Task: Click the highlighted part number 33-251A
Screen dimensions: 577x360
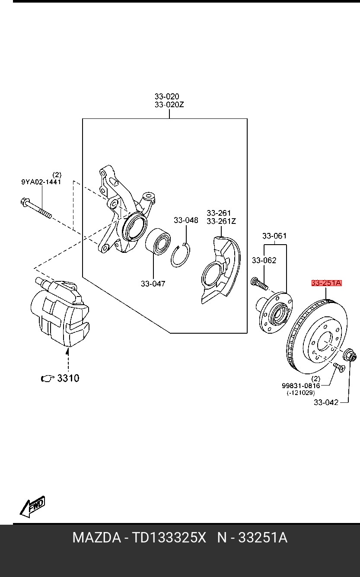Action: click(326, 283)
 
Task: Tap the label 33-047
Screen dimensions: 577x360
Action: click(153, 284)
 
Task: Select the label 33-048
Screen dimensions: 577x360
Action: click(186, 220)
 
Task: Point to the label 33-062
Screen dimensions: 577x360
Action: click(264, 260)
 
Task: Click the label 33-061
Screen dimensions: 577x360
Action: click(274, 236)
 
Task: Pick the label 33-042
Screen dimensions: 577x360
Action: click(326, 402)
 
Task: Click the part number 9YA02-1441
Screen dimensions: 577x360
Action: click(41, 182)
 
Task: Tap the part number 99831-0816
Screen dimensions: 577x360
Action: click(301, 386)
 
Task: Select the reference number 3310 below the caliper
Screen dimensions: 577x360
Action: click(68, 378)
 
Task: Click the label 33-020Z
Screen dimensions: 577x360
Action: click(169, 104)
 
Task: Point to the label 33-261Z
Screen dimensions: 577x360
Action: click(221, 221)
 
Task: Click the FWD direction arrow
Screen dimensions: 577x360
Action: click(32, 507)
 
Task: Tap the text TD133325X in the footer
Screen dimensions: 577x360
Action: click(169, 538)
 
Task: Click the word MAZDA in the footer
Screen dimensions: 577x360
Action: click(96, 538)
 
